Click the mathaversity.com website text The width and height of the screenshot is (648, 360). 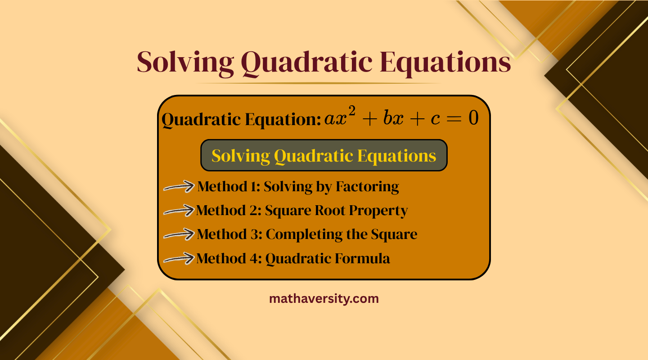[x=324, y=298]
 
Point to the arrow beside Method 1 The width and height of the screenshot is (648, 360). [x=179, y=187]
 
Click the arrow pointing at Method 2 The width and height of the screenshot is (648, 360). [x=179, y=211]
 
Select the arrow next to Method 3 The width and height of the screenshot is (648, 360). [x=179, y=234]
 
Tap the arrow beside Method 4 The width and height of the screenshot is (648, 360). [x=179, y=259]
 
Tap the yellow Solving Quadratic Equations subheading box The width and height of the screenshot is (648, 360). [x=324, y=156]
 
